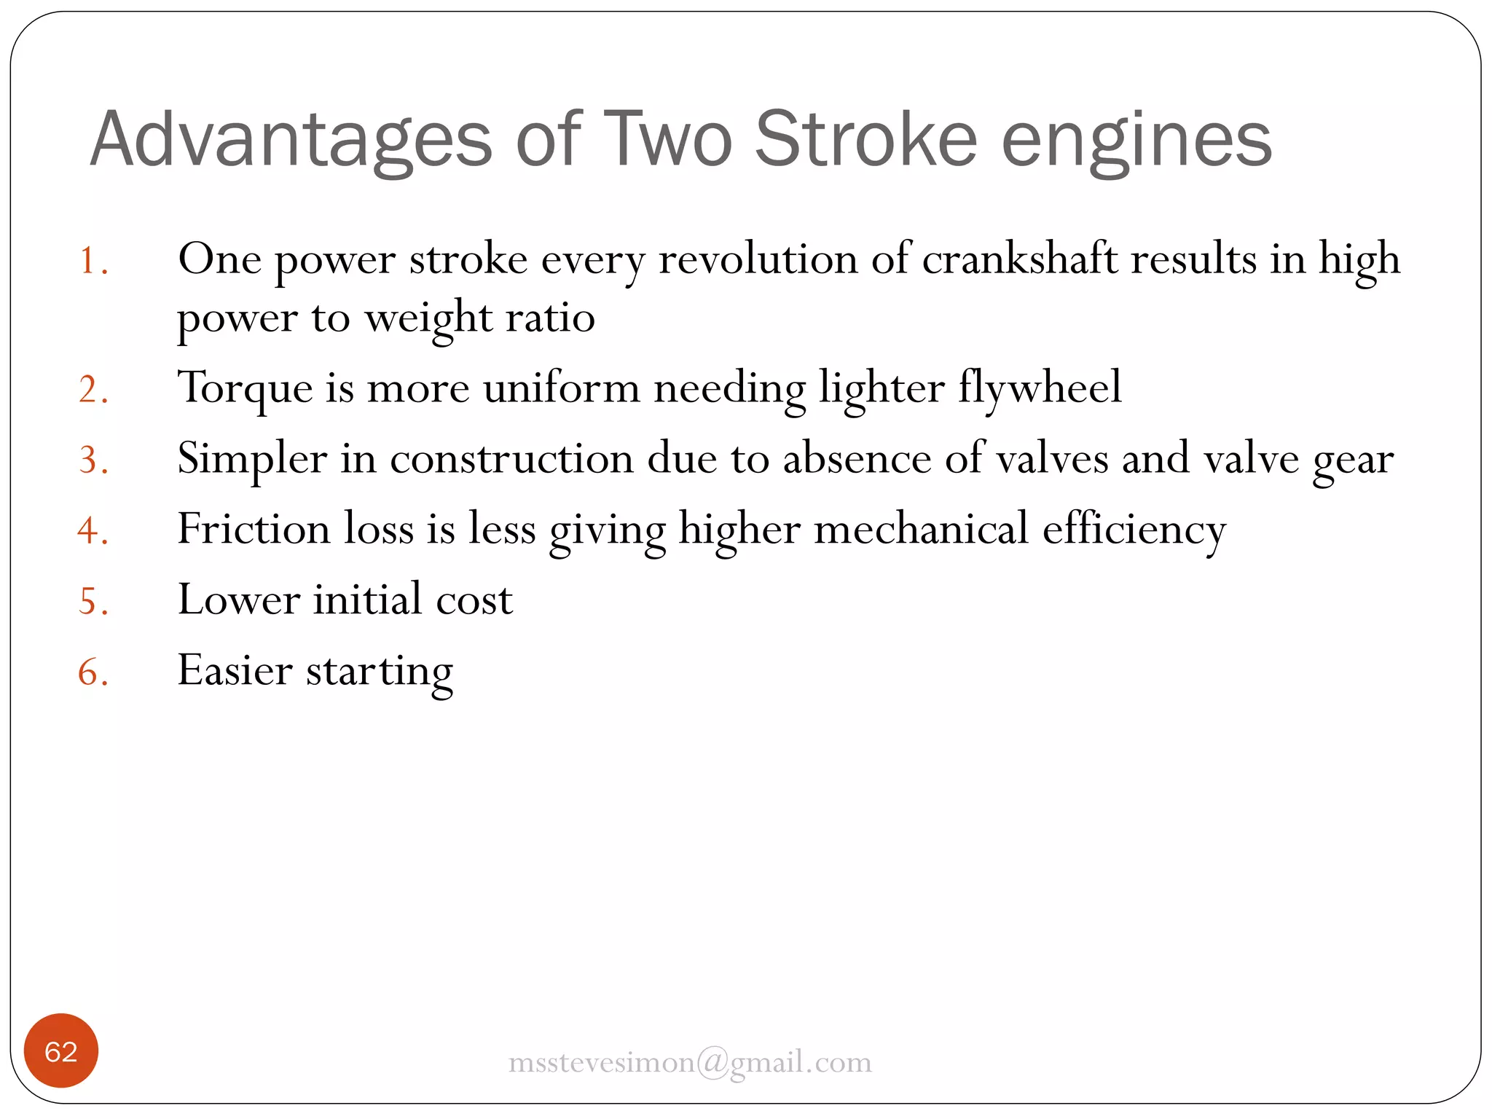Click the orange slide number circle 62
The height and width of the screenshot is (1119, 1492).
tap(61, 1051)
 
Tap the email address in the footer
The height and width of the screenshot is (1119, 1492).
tap(690, 1062)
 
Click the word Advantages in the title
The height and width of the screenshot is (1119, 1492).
tap(291, 140)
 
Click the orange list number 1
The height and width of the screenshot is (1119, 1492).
tap(93, 261)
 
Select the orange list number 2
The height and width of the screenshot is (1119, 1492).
tap(93, 389)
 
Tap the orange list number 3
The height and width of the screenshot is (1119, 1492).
tap(93, 460)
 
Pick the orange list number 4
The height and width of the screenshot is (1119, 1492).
tap(93, 530)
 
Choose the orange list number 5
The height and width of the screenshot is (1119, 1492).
tap(93, 602)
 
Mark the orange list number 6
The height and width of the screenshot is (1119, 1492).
tap(93, 672)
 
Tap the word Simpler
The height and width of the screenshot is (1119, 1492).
tap(252, 460)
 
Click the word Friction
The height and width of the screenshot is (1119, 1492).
tap(254, 529)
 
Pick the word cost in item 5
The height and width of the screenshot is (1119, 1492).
tap(474, 600)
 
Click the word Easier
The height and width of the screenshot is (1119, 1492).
tap(235, 670)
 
